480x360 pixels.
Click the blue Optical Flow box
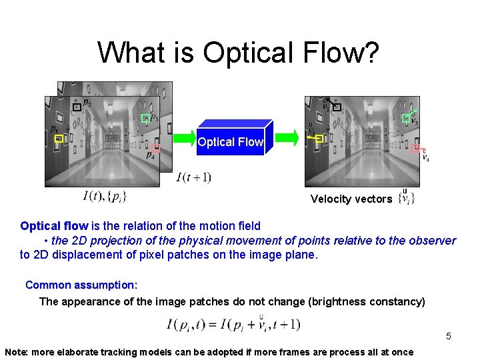[231, 141]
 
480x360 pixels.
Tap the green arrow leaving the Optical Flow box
[287, 137]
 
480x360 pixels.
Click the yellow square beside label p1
[59, 139]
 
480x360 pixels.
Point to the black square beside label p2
[77, 107]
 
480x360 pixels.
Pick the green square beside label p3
[145, 119]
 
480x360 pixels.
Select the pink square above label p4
[156, 149]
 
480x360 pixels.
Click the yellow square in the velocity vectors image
[319, 138]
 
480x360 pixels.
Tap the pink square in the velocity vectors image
[415, 149]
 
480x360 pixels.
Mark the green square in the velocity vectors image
[406, 118]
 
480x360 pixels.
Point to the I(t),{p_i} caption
[105, 196]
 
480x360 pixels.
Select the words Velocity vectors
[351, 199]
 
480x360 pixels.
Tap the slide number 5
[449, 336]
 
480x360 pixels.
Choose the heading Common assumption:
[81, 285]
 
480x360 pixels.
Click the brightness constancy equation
[233, 324]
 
